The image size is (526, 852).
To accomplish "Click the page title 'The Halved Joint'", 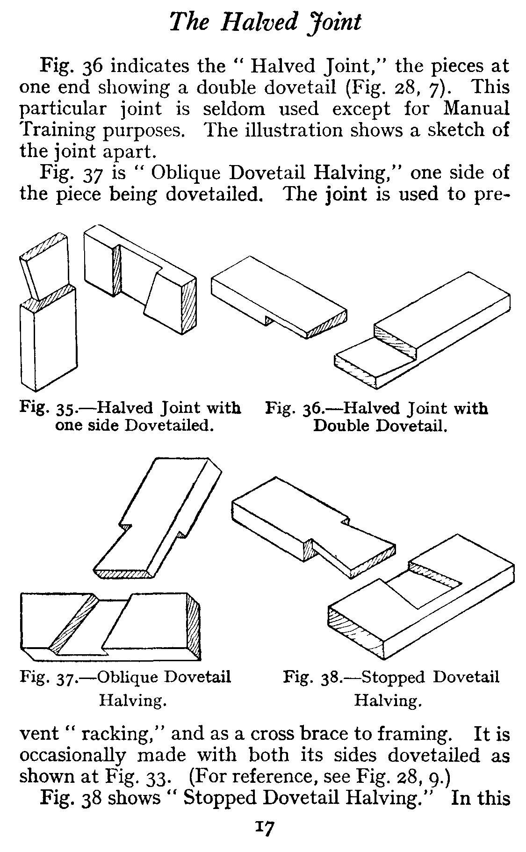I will (x=265, y=22).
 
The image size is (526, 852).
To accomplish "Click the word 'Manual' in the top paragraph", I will (x=476, y=108).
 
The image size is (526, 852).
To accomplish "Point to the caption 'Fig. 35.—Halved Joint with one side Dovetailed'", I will (x=131, y=417).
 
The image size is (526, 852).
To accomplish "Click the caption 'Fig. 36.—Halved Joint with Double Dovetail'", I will (x=377, y=417).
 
